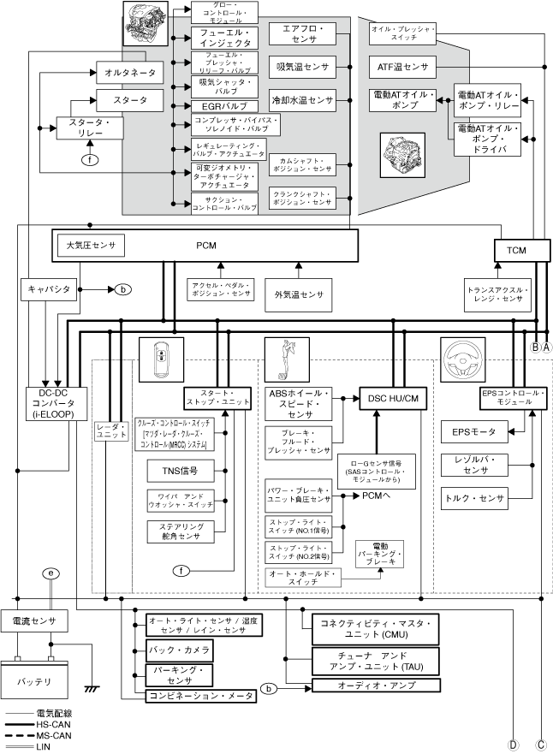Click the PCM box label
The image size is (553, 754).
[x=205, y=246]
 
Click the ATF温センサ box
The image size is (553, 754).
[x=402, y=66]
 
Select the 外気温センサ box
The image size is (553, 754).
[x=299, y=294]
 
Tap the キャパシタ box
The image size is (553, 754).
[x=49, y=289]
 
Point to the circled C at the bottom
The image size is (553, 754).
[x=541, y=744]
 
